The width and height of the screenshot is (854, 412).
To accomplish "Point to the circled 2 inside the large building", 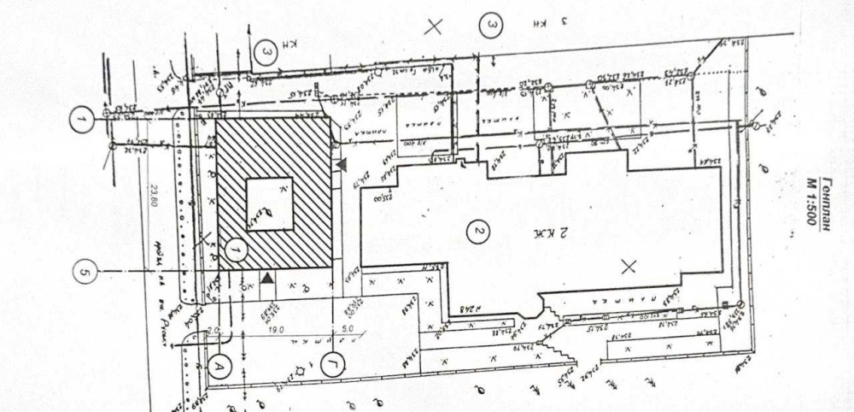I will click(478, 232).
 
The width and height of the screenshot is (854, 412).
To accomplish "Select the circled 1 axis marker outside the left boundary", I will click(81, 121).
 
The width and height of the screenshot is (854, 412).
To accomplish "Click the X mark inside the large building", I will click(629, 267).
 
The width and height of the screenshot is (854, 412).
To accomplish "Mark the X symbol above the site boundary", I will click(434, 26).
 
